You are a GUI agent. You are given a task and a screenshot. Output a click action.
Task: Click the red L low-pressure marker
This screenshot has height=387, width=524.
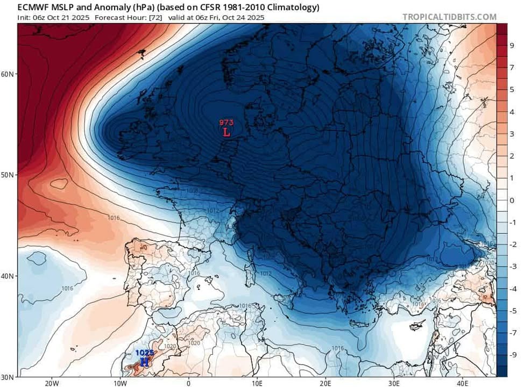point(226,132)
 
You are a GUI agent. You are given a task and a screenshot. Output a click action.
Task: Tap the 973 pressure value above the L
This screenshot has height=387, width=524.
point(226,123)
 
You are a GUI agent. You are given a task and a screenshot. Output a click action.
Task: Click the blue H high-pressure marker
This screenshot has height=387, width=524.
point(144,362)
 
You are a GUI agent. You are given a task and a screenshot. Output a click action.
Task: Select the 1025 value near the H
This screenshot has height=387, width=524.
point(144,353)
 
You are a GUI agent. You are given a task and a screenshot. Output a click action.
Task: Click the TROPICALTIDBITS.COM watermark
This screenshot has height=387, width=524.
point(449,17)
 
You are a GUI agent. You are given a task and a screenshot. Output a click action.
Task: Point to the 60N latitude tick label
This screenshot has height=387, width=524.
point(8,74)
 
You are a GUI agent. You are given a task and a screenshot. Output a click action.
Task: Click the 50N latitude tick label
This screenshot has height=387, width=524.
point(8,175)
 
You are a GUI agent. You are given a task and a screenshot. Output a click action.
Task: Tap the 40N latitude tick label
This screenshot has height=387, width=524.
point(8,276)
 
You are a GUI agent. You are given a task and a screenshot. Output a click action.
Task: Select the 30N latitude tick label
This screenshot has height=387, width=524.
point(8,376)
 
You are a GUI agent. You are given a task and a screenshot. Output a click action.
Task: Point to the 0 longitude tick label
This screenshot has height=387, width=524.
point(188,383)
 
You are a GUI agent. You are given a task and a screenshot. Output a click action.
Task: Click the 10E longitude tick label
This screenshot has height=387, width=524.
point(257,383)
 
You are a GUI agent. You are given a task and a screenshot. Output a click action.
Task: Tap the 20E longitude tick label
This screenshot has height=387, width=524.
point(325,383)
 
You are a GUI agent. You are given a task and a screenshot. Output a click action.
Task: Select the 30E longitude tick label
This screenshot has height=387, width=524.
point(394,383)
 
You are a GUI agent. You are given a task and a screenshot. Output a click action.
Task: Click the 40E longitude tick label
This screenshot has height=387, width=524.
point(462,383)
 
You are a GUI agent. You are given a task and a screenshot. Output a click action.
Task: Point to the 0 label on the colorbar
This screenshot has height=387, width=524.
point(512,200)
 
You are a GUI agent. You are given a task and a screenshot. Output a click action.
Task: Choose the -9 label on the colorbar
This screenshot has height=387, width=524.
point(513,355)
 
